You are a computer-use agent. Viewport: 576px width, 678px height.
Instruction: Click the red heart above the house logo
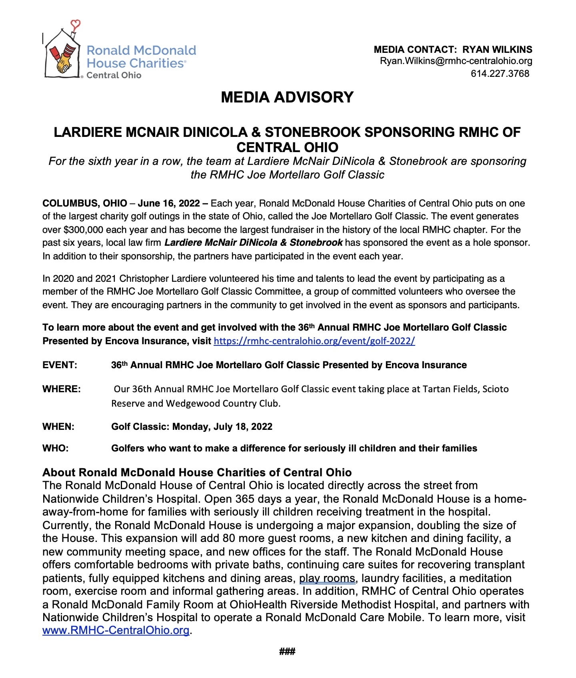(x=76, y=24)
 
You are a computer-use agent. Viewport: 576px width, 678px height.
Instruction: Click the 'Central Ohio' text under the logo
(x=114, y=75)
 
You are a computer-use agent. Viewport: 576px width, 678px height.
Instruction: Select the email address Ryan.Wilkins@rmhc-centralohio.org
(x=456, y=61)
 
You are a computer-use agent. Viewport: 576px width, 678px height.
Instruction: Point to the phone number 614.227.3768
(x=500, y=74)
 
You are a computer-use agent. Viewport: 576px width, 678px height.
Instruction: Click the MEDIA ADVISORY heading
(x=287, y=97)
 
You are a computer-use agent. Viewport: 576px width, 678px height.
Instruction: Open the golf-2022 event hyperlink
(x=314, y=341)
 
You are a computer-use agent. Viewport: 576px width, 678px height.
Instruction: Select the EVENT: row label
(x=60, y=365)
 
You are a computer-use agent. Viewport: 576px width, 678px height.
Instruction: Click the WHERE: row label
(x=61, y=389)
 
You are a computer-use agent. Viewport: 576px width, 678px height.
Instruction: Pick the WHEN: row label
(x=58, y=427)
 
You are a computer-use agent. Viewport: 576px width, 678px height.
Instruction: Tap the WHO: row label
(x=55, y=448)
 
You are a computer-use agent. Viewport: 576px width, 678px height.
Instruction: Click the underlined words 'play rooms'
(x=327, y=578)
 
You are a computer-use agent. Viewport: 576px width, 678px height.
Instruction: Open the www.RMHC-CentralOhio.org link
(x=116, y=630)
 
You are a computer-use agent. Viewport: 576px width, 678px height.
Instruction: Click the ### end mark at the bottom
(x=287, y=652)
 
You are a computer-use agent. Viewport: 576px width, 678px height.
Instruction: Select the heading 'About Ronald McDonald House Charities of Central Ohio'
(x=197, y=472)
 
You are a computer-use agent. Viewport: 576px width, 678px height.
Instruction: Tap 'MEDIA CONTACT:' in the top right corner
(x=415, y=50)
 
